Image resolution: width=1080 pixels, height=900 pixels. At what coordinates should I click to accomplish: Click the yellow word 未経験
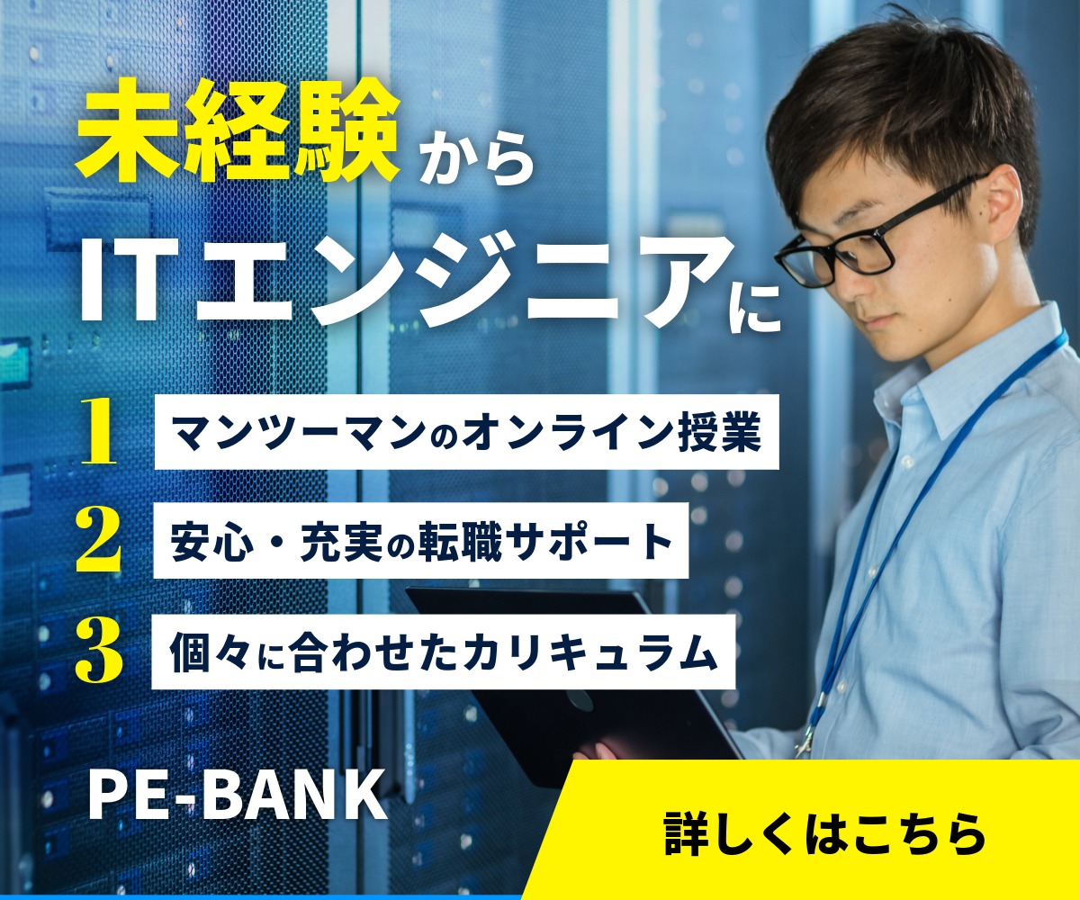pos(238,136)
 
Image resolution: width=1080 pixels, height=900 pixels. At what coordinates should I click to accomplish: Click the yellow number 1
pos(98,431)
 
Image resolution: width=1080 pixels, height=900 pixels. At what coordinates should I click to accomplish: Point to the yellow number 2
pos(98,540)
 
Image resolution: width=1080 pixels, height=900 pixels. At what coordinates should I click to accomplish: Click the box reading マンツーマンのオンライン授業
pos(466,432)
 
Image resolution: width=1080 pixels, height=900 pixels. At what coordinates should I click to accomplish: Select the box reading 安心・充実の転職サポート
pos(421,540)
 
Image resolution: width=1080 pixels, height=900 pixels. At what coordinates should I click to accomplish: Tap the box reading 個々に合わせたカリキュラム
pos(444,652)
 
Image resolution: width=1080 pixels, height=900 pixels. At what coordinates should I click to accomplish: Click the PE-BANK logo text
pos(238,795)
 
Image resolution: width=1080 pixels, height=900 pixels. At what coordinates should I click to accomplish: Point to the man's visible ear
pos(1004,207)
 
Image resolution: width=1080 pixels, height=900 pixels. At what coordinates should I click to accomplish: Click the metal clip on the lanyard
pos(805,741)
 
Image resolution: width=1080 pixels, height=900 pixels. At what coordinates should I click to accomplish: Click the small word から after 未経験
pos(476,157)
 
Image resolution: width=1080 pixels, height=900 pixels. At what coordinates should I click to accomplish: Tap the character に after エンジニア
pos(755,307)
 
